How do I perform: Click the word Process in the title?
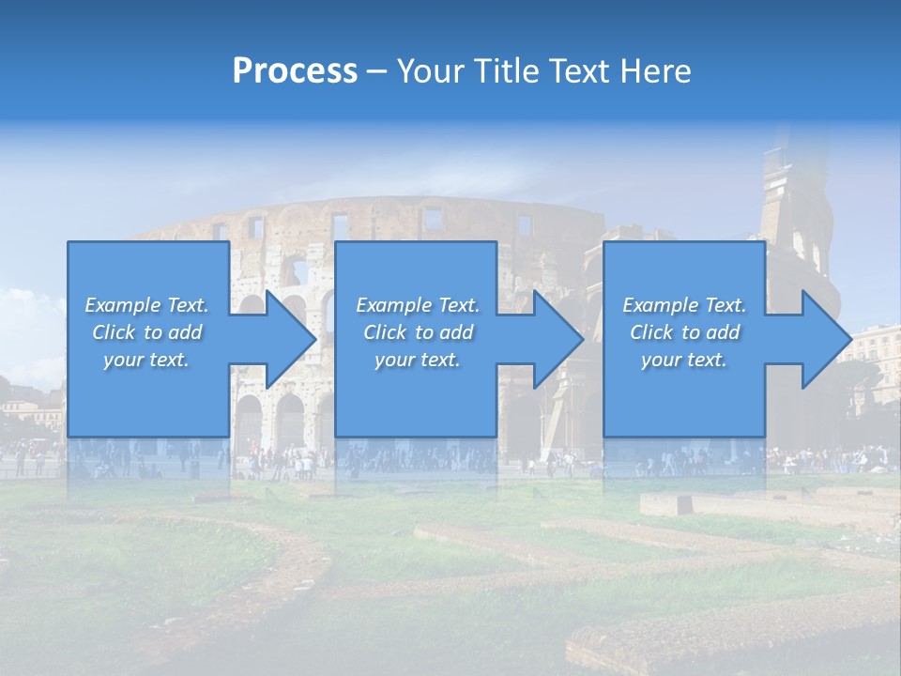click(295, 71)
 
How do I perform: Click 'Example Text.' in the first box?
click(146, 305)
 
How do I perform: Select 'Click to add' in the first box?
click(146, 332)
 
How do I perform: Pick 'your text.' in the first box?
click(146, 360)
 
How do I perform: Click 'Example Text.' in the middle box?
click(417, 305)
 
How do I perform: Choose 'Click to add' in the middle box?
click(417, 332)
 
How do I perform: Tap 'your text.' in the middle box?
click(417, 360)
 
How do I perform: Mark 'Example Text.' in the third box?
click(684, 305)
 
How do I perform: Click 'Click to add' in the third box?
click(684, 332)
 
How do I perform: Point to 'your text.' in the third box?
click(684, 360)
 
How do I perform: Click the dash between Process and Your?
click(376, 71)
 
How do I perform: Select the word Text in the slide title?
click(578, 71)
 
